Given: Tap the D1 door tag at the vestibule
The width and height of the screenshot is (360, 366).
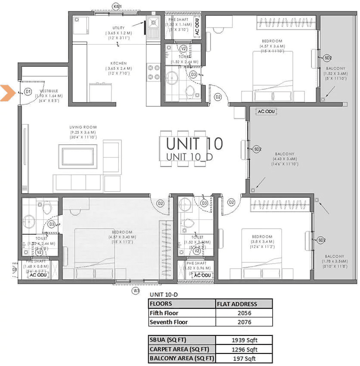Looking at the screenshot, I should [28, 91].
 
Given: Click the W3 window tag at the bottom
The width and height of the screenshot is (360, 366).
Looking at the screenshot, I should [136, 291].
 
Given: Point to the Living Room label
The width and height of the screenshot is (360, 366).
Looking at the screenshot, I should [83, 127].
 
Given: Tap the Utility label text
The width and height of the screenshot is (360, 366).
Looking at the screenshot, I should [119, 28].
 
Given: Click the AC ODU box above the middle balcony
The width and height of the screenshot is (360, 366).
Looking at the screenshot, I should [266, 111].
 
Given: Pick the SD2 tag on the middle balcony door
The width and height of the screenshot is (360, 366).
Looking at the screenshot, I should [257, 149].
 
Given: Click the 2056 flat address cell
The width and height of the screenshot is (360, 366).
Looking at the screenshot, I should [244, 313].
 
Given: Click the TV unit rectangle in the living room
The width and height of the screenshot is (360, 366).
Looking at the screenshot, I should [78, 156].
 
